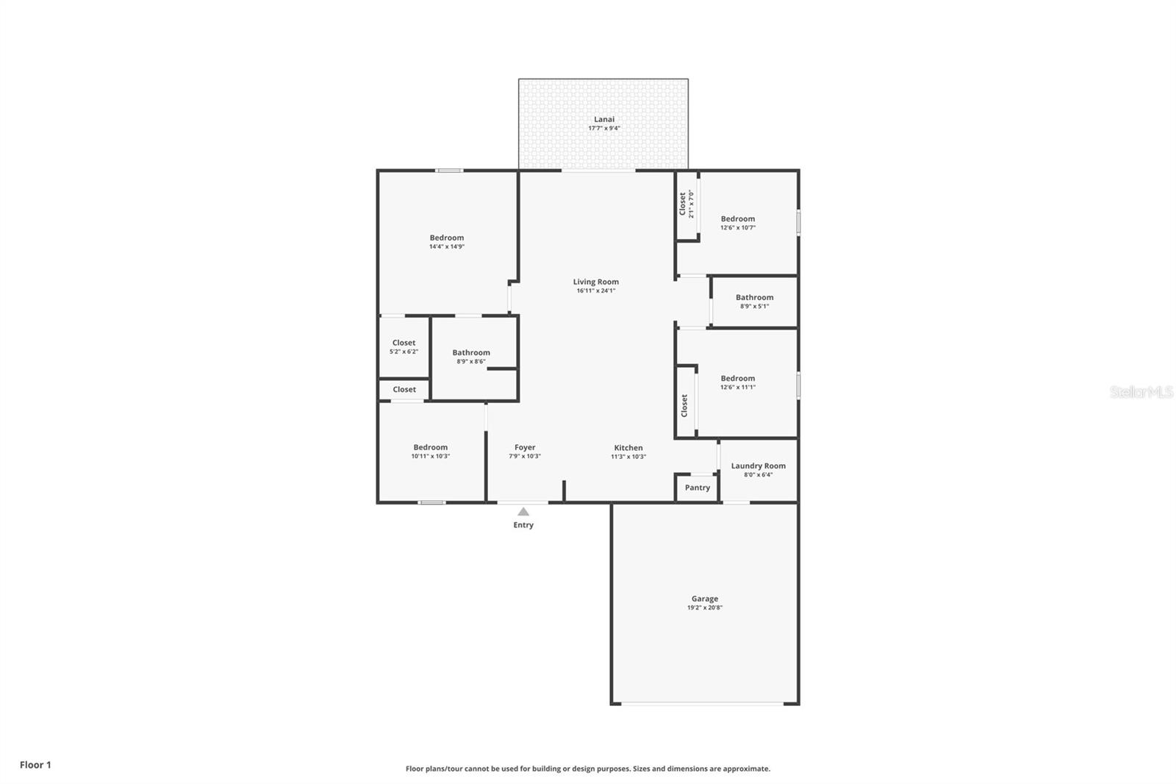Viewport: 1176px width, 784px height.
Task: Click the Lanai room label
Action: point(604,119)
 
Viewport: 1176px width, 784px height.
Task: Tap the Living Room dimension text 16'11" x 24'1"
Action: point(596,291)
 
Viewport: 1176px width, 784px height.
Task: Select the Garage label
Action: point(704,599)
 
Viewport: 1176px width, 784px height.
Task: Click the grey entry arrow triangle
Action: point(523,512)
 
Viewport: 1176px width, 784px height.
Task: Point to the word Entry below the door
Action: point(523,525)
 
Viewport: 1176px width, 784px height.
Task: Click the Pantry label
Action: point(698,488)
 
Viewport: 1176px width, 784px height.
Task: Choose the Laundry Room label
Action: point(758,466)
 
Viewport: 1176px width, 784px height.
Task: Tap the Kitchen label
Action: point(628,448)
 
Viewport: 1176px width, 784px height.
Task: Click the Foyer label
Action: point(525,447)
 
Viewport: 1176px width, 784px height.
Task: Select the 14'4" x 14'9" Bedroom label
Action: point(447,238)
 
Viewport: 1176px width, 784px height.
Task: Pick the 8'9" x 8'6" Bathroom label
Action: point(471,352)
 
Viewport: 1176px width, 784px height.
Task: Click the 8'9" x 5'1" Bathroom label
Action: point(754,297)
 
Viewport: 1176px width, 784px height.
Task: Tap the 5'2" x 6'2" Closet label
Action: point(404,343)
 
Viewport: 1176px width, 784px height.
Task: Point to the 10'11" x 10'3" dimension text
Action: point(431,457)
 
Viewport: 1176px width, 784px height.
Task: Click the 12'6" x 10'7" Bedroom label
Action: point(737,218)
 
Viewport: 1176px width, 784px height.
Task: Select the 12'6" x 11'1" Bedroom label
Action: point(737,378)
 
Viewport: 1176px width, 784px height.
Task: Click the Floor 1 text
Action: point(35,765)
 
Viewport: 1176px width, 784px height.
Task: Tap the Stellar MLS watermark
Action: point(1141,393)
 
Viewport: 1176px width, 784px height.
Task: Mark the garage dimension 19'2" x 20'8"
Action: point(704,608)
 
